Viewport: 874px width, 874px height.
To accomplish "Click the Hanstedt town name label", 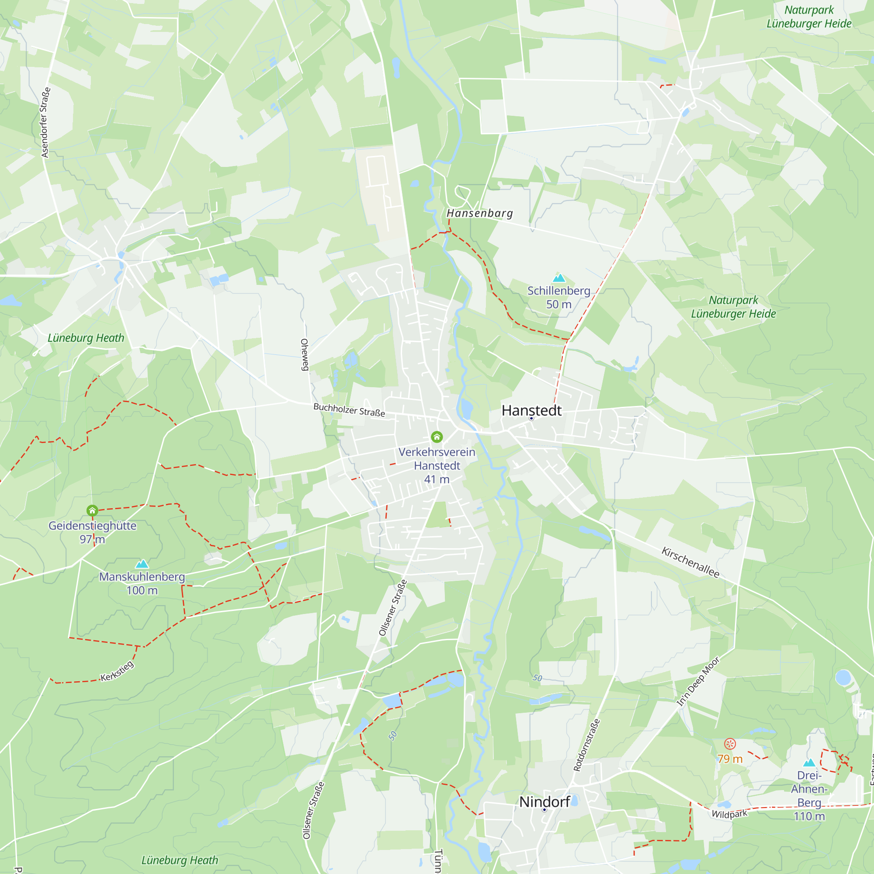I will [531, 410].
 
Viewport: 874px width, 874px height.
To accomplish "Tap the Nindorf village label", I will [544, 801].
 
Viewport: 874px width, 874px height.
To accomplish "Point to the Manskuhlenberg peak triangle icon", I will [142, 564].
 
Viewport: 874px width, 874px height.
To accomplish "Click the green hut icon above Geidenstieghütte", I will [92, 511].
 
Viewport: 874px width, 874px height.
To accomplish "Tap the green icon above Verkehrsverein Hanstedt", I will [437, 437].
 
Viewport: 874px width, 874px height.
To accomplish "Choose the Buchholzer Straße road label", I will [349, 410].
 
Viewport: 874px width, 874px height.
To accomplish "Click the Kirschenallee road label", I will [690, 562].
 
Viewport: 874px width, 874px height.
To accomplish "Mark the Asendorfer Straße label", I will [46, 123].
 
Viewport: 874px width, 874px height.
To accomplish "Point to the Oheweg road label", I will [305, 355].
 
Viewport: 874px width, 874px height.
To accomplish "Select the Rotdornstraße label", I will [587, 745].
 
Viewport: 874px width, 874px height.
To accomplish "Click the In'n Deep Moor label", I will [697, 682].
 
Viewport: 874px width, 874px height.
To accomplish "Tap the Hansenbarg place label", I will [479, 213].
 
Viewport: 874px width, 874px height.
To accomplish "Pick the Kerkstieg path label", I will [117, 671].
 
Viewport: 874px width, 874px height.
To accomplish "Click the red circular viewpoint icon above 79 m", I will [730, 744].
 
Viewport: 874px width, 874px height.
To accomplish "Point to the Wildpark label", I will [729, 814].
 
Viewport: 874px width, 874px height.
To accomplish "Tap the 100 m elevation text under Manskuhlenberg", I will [142, 590].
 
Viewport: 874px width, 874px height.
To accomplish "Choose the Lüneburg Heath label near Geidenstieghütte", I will [86, 338].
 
